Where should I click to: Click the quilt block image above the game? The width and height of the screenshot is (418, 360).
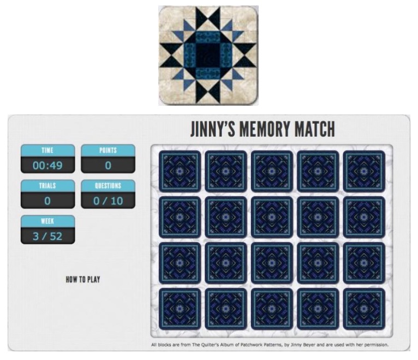point(208,55)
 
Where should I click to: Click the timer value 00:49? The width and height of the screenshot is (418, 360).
point(47,165)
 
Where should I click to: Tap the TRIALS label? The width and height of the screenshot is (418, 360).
point(47,185)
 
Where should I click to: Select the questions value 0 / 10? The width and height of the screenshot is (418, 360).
point(108,200)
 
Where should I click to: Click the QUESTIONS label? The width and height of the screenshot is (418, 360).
point(108,185)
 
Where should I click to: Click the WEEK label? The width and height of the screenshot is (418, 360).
point(47,221)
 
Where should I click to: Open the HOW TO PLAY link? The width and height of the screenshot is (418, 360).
point(83,280)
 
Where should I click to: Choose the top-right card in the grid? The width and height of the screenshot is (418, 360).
point(364,171)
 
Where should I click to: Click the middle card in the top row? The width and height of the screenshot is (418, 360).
point(272,171)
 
